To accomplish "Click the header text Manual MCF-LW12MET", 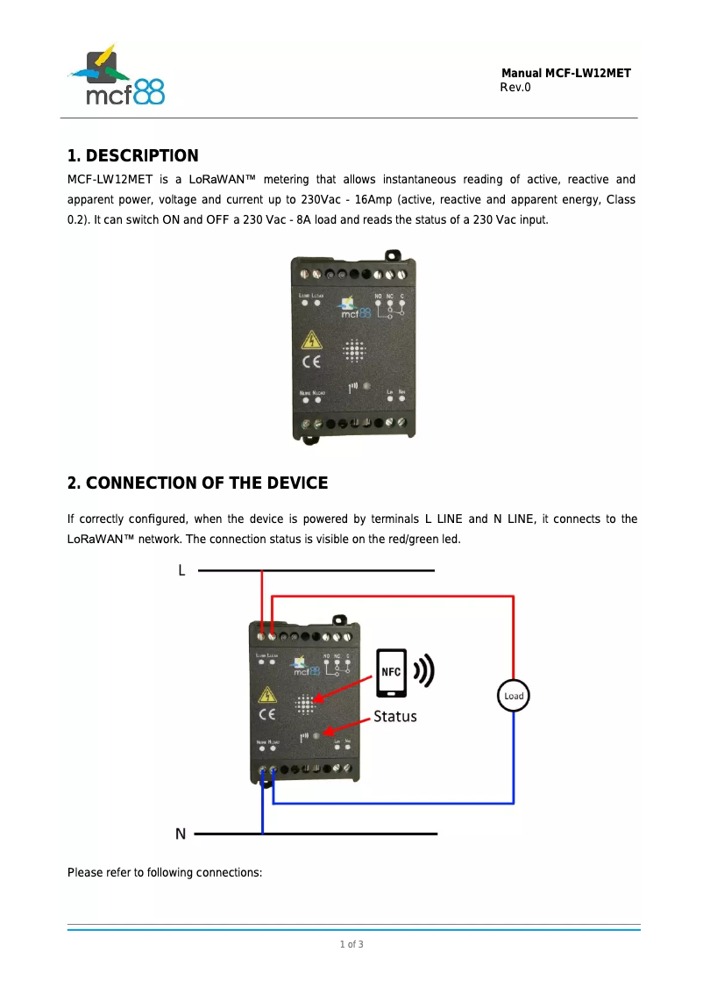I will pos(565,74).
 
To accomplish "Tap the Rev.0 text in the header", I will pos(515,88).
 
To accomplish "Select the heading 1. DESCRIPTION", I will pos(133,156).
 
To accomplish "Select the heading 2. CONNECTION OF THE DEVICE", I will pos(198,483).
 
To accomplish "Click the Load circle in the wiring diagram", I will pos(514,696).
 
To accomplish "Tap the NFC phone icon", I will pos(391,673).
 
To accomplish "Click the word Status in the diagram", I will pos(395,717).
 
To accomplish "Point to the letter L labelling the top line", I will pos(181,571).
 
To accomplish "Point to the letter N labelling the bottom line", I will pos(181,834).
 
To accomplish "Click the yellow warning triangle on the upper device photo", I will pos(311,340).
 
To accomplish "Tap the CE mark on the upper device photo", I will pos(311,361).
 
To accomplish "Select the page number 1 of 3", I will pos(351,944).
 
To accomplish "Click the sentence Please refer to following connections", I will pos(165,873).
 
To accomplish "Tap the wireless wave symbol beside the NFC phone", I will pos(424,671).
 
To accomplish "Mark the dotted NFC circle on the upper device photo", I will pos(353,352).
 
